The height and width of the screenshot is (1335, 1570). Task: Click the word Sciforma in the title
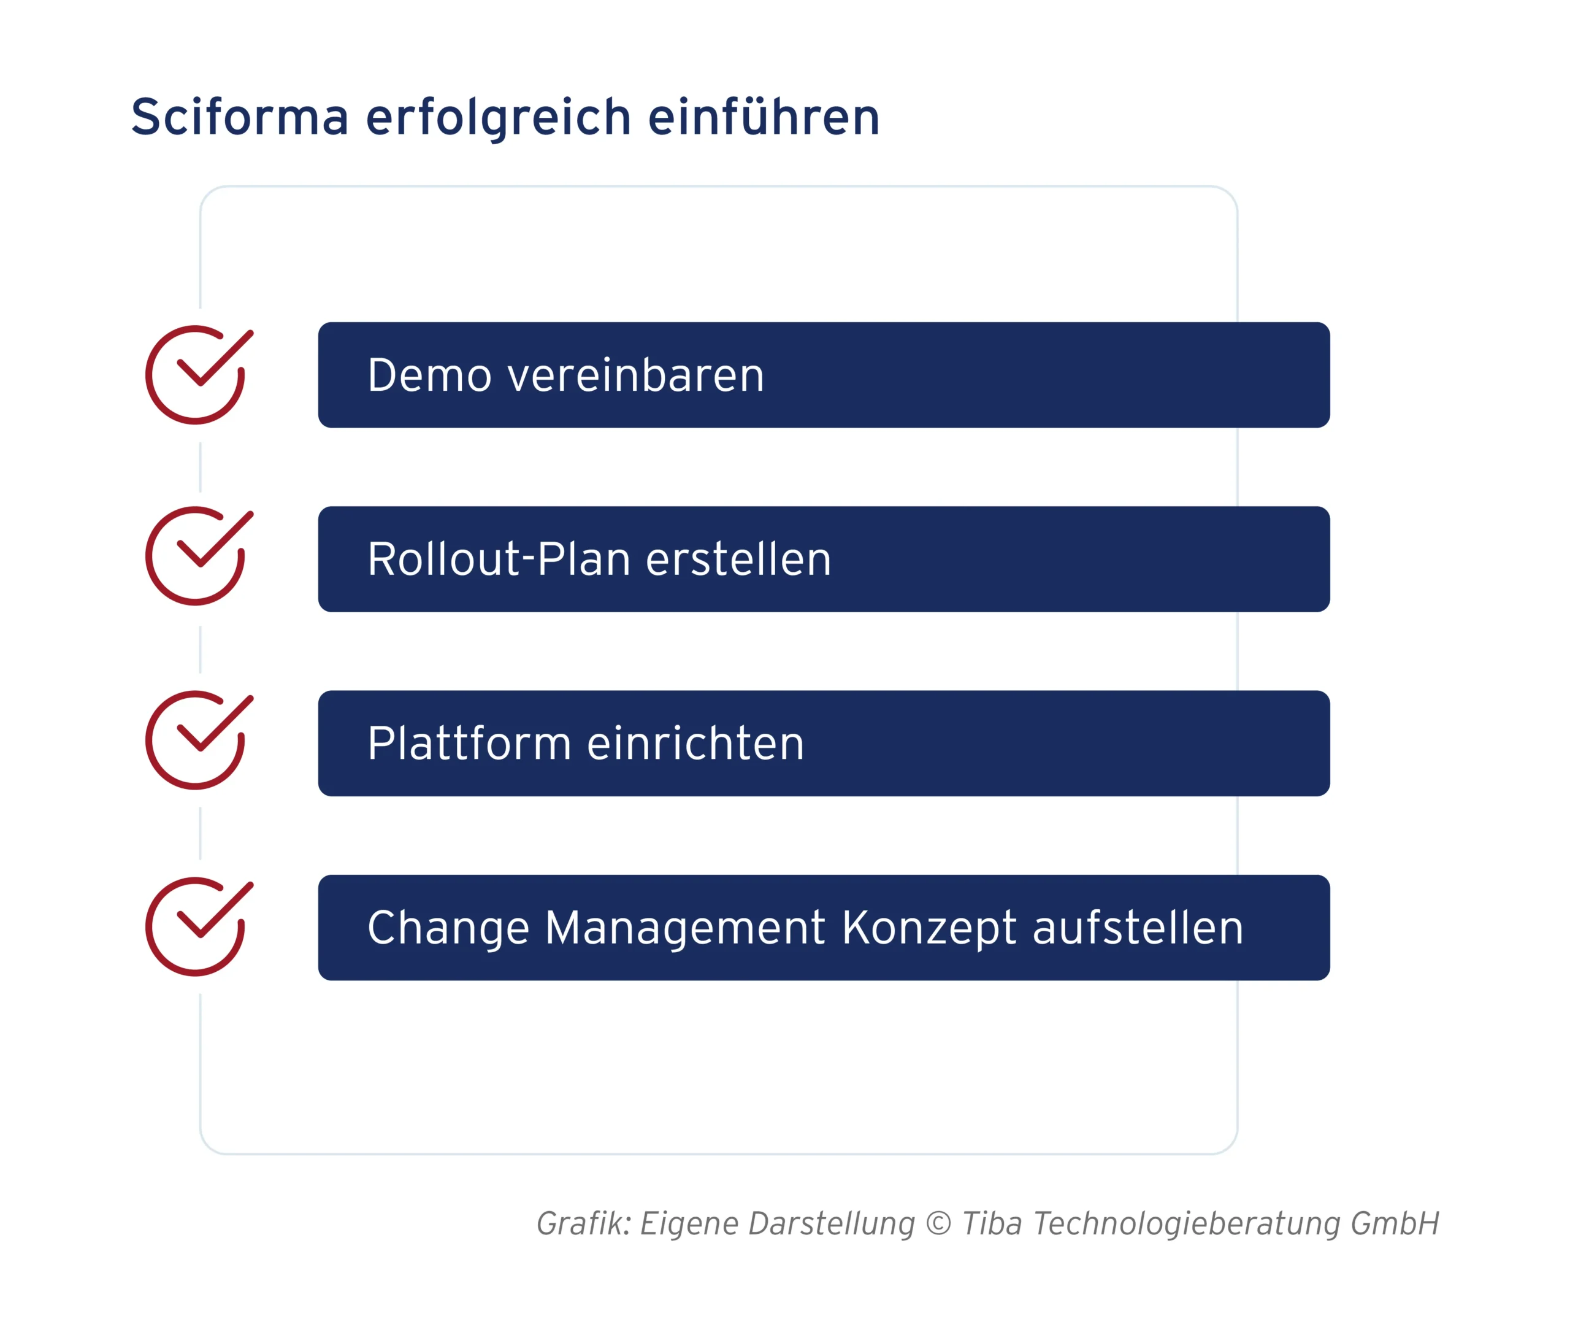coord(239,117)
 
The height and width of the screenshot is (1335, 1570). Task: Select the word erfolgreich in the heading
coord(498,117)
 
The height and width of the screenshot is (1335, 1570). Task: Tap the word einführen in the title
coord(764,117)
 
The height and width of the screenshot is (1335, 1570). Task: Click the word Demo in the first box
coord(429,375)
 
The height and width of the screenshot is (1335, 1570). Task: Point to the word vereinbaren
coord(635,375)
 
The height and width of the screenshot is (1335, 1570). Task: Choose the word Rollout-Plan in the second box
coord(499,560)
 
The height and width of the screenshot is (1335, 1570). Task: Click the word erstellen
coord(738,560)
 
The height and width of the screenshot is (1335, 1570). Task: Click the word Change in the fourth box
coord(447,929)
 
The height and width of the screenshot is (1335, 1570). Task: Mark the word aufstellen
coord(1138,929)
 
